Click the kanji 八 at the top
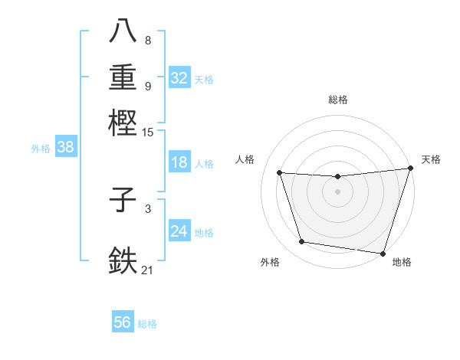[123, 31]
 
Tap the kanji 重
[123, 77]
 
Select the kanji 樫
[123, 122]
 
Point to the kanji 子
[123, 201]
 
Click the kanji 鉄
[123, 260]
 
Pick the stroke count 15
[148, 133]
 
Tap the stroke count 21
[148, 270]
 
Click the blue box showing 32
[179, 78]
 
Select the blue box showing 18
[179, 162]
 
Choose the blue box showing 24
[179, 231]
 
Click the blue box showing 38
[65, 148]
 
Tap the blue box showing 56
[123, 322]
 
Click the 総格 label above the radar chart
[338, 100]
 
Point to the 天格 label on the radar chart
[431, 159]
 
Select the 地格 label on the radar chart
[402, 262]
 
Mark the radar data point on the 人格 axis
[280, 173]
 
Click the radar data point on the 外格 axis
[302, 242]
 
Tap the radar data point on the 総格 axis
[338, 177]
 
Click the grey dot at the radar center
[338, 192]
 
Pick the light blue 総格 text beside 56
[147, 324]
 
